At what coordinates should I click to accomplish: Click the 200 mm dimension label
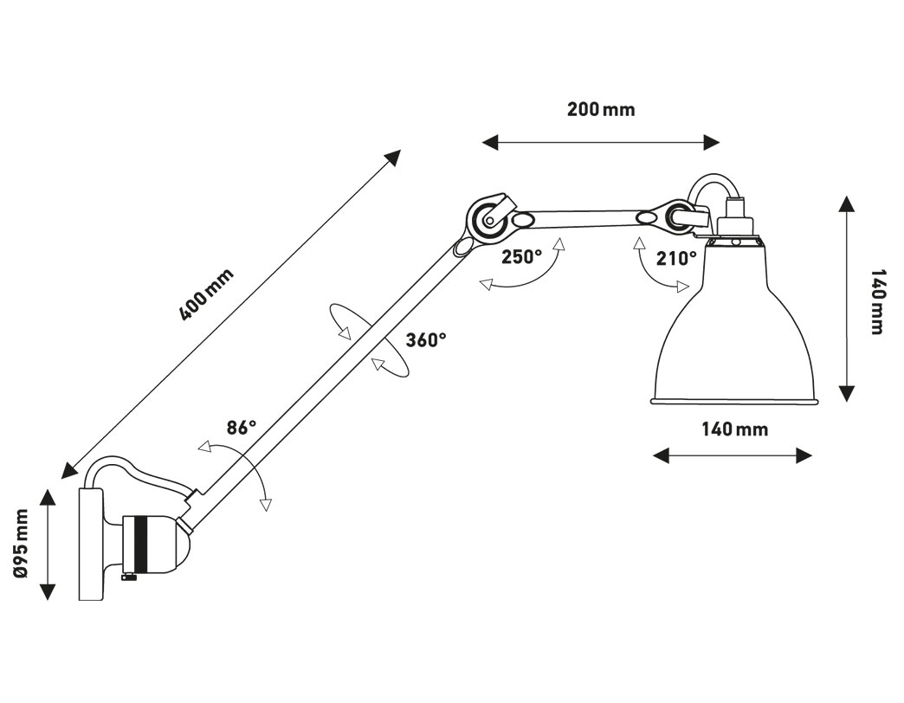coord(601,109)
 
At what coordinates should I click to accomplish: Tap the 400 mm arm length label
coord(206,294)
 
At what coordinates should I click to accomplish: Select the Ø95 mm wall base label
coord(21,543)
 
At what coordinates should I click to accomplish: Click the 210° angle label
coord(677,259)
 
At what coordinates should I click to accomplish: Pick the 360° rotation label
coord(426,340)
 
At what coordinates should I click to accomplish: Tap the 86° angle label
coord(241,428)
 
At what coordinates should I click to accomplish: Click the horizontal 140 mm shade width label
coord(734,429)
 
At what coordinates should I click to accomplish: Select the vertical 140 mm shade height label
coord(877,301)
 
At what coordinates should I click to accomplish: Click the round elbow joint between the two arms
coord(488,218)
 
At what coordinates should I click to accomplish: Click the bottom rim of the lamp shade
coord(734,401)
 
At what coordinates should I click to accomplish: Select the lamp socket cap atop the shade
coord(736,219)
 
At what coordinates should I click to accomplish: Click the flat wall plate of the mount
coord(91,544)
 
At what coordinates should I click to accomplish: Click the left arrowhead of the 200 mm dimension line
coord(490,142)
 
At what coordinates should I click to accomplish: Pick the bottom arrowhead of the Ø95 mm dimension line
coord(48,591)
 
